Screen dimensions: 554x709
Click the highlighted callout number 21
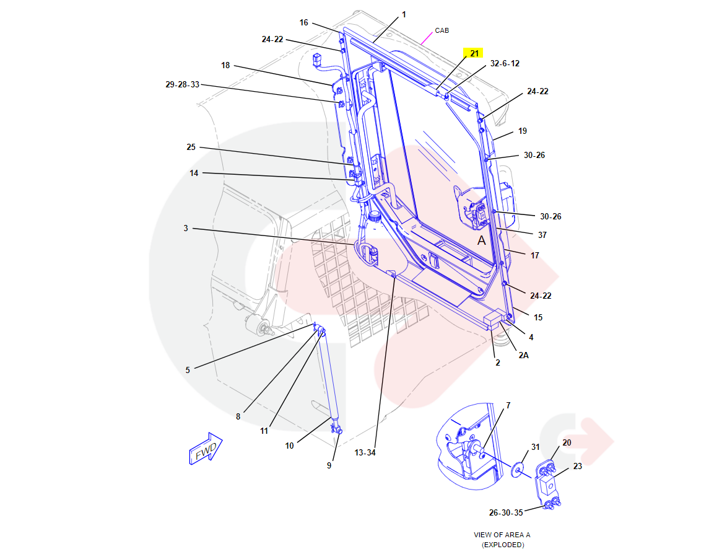click(x=474, y=53)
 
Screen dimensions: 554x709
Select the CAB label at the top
click(x=441, y=30)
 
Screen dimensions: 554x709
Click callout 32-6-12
click(x=505, y=64)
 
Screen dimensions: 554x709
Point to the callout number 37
click(x=542, y=235)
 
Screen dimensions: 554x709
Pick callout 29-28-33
click(x=182, y=84)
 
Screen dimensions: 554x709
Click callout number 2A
click(x=523, y=355)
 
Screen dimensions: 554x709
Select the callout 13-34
click(x=365, y=452)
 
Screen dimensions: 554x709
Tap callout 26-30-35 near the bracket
click(x=505, y=512)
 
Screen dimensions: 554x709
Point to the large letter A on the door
click(x=481, y=240)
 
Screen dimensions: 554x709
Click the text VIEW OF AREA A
click(x=502, y=535)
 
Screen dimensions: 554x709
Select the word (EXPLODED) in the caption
click(x=502, y=545)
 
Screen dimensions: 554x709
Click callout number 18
click(x=225, y=65)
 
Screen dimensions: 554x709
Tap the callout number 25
click(x=191, y=147)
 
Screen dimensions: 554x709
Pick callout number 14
click(x=194, y=173)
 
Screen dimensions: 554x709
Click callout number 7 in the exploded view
click(x=508, y=405)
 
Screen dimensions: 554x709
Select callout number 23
click(x=577, y=466)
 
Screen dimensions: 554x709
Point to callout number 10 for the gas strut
click(x=289, y=445)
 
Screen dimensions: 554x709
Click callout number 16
click(x=303, y=23)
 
